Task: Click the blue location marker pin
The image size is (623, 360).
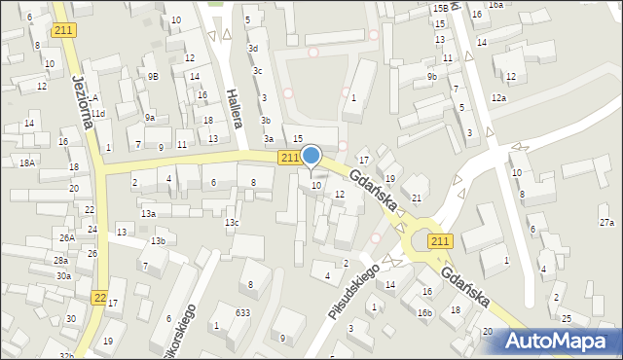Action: pyautogui.click(x=311, y=157)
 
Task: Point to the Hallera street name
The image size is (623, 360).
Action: pyautogui.click(x=233, y=108)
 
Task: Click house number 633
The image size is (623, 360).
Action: pyautogui.click(x=242, y=312)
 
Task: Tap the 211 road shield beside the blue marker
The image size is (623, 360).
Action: pyautogui.click(x=289, y=158)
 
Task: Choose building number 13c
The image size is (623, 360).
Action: pyautogui.click(x=232, y=223)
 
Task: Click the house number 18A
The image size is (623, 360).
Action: pyautogui.click(x=26, y=163)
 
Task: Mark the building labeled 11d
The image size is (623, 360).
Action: pyautogui.click(x=98, y=114)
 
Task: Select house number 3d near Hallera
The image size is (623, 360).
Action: pyautogui.click(x=253, y=48)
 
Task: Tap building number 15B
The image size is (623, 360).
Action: pyautogui.click(x=441, y=8)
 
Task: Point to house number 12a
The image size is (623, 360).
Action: pyautogui.click(x=498, y=98)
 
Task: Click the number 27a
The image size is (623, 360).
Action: pyautogui.click(x=606, y=223)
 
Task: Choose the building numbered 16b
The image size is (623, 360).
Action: pyautogui.click(x=424, y=312)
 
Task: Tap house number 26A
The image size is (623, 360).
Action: pyautogui.click(x=66, y=237)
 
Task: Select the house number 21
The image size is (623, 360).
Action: pyautogui.click(x=417, y=198)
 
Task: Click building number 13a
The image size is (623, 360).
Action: pyautogui.click(x=148, y=213)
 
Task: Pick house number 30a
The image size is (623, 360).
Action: pyautogui.click(x=63, y=275)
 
